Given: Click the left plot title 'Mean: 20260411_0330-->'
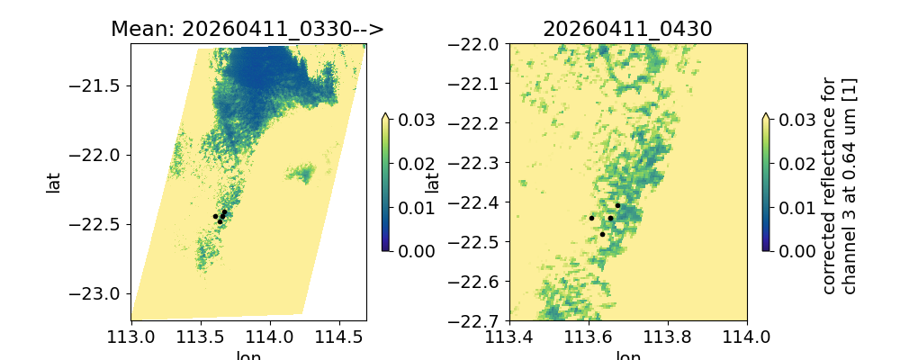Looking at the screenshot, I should pos(247,29).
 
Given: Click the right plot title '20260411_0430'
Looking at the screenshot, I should pos(627,29).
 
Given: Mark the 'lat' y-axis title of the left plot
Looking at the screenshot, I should pos(54,183).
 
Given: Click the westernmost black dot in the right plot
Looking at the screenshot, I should pos(591,218).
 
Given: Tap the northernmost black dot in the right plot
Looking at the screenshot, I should pos(617,205).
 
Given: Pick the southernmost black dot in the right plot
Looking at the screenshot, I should pos(602,234).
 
